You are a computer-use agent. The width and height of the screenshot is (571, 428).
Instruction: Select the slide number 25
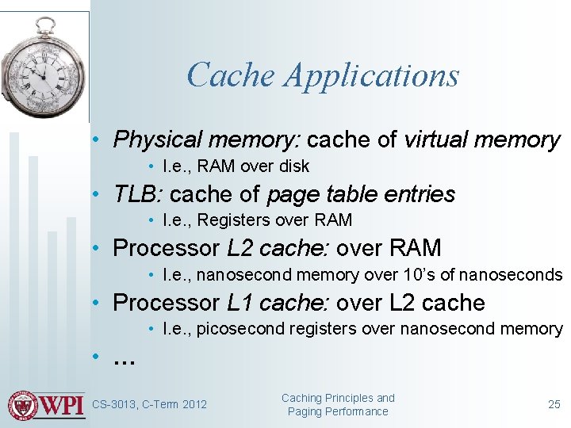554,404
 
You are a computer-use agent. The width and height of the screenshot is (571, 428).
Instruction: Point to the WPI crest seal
22,405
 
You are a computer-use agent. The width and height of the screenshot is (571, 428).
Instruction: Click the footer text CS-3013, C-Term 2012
149,405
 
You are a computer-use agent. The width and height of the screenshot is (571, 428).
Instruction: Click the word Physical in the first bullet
155,140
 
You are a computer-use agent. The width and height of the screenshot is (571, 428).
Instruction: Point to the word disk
293,166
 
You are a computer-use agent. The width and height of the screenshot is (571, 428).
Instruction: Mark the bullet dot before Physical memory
94,141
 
